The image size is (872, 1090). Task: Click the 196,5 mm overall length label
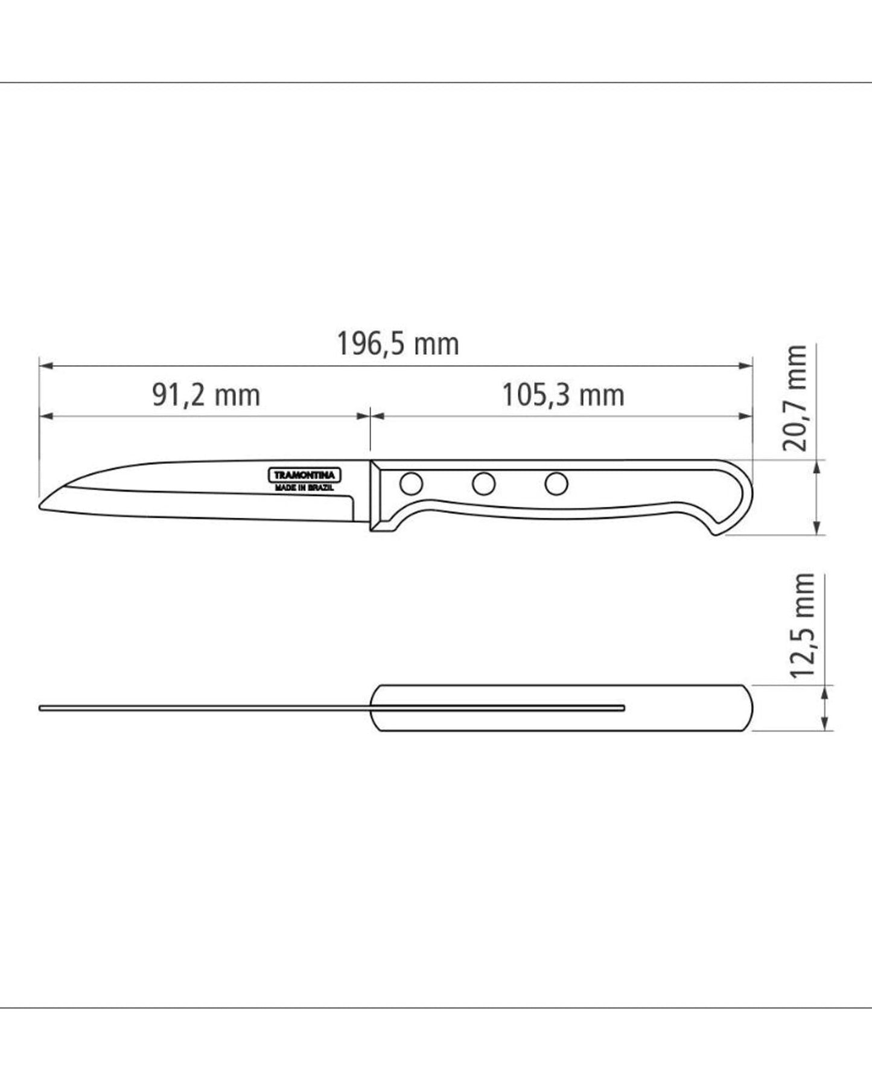[x=398, y=345]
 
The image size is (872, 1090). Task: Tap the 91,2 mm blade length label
[x=206, y=396]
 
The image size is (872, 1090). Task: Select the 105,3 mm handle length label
[x=563, y=396]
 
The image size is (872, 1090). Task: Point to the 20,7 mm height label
[x=795, y=398]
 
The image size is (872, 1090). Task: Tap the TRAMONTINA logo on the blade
[x=305, y=476]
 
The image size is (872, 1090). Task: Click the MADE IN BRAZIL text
[x=304, y=488]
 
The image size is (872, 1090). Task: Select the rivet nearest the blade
[x=412, y=483]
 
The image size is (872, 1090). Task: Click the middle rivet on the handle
[x=483, y=483]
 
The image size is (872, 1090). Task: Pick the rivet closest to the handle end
[x=556, y=483]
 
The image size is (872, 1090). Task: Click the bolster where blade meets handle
[x=377, y=496]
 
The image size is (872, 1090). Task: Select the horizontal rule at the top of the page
[x=436, y=83]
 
